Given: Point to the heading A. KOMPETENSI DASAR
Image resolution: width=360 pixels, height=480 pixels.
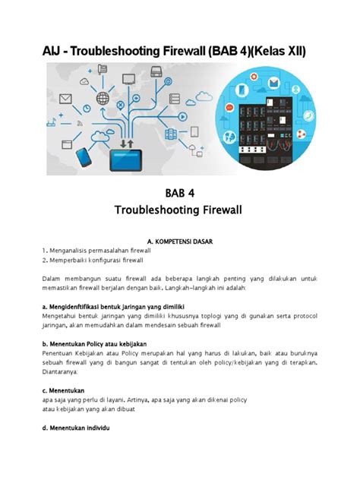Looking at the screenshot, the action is [x=180, y=242].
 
